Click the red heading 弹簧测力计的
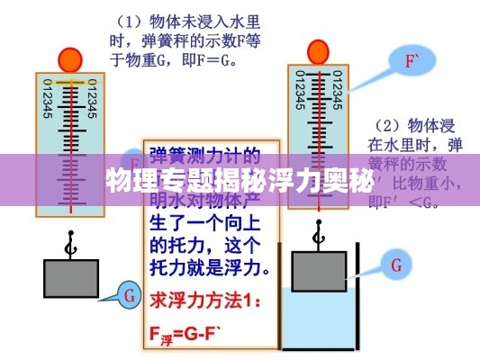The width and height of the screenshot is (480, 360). pyautogui.click(x=206, y=154)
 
